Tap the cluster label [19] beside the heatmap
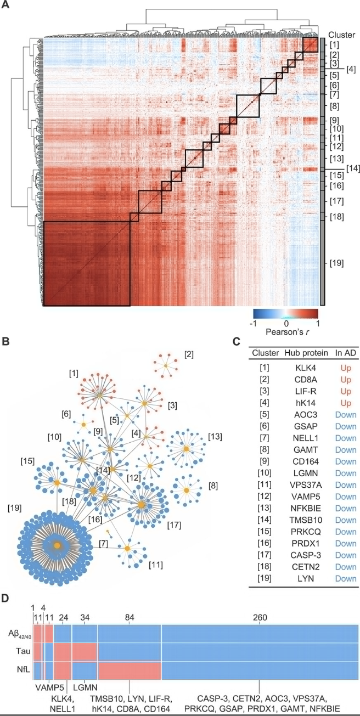(336, 263)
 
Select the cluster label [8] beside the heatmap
(334, 105)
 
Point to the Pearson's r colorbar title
(285, 332)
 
